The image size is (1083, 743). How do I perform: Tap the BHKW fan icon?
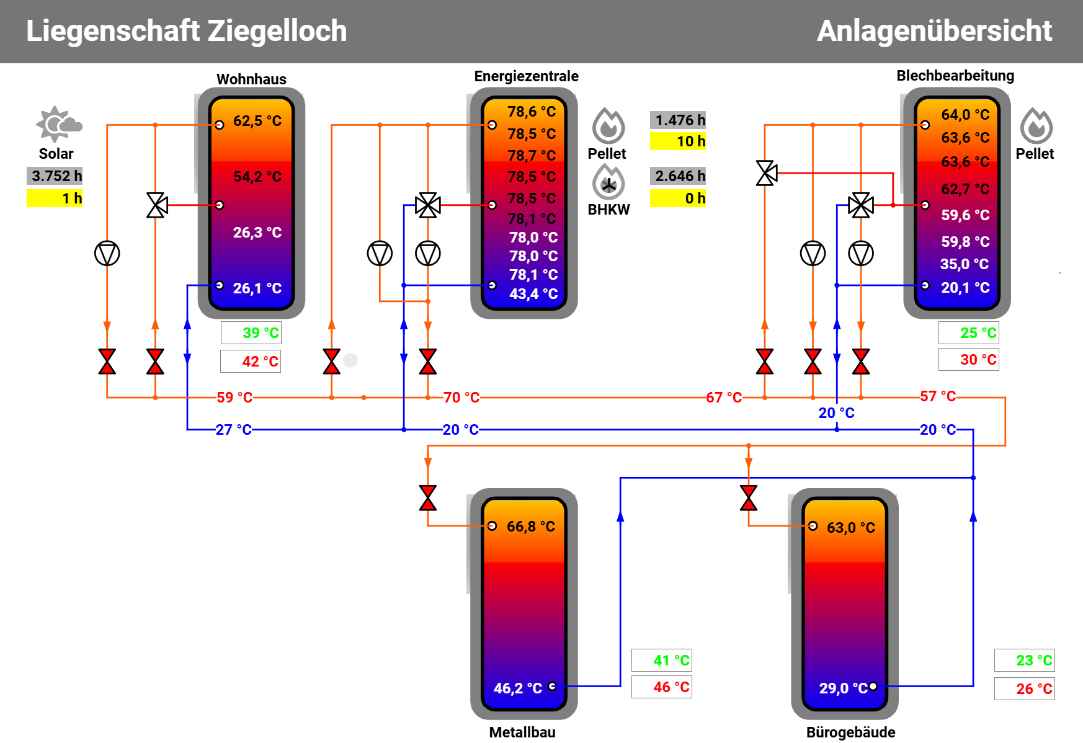point(608,183)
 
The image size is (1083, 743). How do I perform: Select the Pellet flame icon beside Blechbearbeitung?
point(1036,126)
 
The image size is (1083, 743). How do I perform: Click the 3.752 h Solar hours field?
point(55,176)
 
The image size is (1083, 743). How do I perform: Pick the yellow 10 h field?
point(678,141)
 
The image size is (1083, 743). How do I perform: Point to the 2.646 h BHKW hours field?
point(678,176)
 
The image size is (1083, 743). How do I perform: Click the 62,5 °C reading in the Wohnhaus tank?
point(257,121)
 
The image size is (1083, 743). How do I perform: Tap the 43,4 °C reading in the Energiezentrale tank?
point(533,294)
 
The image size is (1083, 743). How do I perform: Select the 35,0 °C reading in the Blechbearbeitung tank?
point(964,264)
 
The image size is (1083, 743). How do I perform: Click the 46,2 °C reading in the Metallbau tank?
point(517,688)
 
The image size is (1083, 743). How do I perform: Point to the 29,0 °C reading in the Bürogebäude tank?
point(842,688)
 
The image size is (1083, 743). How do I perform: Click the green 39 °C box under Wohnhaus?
point(251,333)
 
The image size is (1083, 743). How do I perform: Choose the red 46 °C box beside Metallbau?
point(662,687)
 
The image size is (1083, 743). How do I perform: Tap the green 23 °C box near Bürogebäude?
point(1025,661)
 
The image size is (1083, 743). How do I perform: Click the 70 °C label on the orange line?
point(461,398)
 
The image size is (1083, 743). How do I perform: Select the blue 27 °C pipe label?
point(233,430)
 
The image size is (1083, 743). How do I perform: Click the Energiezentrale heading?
point(526,76)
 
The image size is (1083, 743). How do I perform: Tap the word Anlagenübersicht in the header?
point(934,31)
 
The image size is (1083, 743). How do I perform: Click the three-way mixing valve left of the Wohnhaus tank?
point(156,205)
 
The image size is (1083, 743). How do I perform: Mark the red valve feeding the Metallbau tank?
point(428,498)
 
